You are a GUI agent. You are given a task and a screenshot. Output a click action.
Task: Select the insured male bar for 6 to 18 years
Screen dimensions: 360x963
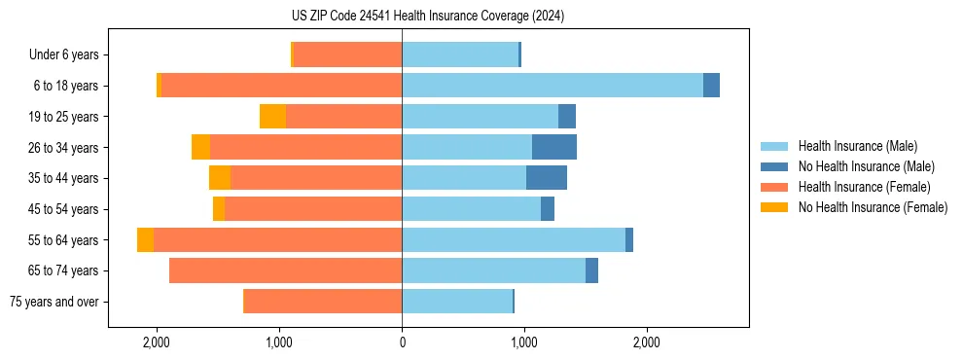click(x=552, y=86)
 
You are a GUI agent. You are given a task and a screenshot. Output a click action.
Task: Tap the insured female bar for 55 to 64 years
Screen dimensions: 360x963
click(x=277, y=240)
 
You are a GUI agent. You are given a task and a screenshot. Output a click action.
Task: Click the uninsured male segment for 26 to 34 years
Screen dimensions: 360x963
click(x=554, y=147)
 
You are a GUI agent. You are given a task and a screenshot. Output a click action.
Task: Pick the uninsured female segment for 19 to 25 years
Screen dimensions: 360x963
click(x=273, y=117)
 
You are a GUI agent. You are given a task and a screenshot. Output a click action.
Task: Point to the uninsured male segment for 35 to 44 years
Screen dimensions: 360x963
click(x=547, y=178)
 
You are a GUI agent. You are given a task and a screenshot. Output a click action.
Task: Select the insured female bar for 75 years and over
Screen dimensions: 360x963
click(x=323, y=302)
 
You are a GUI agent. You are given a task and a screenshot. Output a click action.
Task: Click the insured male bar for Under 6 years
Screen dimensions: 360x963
click(x=460, y=54)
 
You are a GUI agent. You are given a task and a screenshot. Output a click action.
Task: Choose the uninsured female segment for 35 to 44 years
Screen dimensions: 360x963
click(x=220, y=178)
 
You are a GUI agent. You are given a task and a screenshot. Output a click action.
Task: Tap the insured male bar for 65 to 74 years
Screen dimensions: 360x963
click(x=493, y=270)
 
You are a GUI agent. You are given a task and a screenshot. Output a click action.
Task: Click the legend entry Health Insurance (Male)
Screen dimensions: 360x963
click(x=857, y=146)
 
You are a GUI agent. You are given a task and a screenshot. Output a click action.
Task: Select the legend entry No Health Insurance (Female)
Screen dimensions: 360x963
click(x=873, y=207)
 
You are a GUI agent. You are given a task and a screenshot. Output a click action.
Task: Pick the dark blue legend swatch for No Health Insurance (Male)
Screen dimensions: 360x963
click(x=774, y=166)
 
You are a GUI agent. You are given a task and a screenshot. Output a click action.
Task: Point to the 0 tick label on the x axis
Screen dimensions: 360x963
click(x=402, y=342)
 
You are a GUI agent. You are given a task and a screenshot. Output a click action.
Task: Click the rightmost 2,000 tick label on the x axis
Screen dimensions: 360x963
click(x=647, y=342)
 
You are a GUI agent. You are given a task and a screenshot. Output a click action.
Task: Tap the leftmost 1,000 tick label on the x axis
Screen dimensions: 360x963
click(x=279, y=342)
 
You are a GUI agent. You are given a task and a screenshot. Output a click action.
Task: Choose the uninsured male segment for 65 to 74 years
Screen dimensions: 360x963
click(x=591, y=270)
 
